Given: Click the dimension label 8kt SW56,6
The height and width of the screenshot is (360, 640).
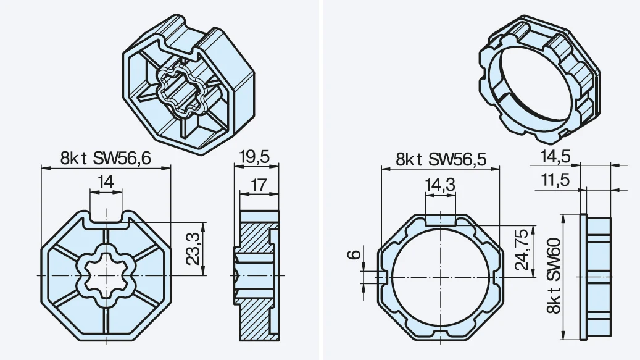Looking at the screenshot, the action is pos(106,158).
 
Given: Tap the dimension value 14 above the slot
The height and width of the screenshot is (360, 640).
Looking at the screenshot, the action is pos(106,182).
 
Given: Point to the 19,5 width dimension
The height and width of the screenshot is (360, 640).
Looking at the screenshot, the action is pos(256,157).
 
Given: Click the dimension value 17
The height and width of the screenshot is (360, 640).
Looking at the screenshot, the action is pos(259,185).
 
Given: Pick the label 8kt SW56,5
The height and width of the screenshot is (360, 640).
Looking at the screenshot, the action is pos(442,159).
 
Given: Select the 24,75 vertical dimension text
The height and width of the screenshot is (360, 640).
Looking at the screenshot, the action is pos(522,250).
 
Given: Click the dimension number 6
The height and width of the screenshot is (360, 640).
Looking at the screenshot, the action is pos(354,254).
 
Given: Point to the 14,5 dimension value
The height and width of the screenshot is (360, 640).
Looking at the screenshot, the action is pos(555,157).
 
